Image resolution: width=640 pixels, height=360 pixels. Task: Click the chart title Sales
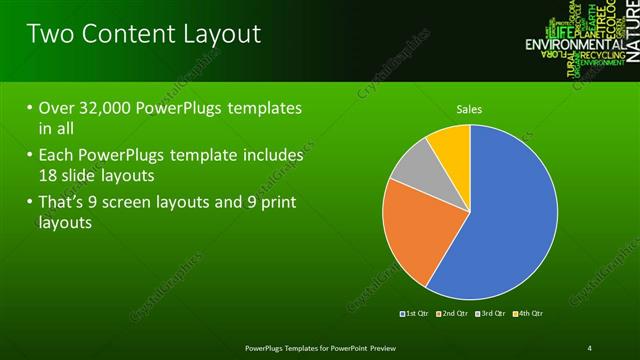click(x=470, y=109)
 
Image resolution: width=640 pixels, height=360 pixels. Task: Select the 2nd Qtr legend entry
click(x=452, y=314)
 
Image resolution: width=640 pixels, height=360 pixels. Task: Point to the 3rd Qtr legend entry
click(x=491, y=314)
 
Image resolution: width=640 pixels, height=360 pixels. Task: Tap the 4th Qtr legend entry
click(x=528, y=314)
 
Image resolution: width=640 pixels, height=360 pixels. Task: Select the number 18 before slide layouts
click(x=49, y=174)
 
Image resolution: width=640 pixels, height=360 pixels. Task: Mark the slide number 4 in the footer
click(x=590, y=347)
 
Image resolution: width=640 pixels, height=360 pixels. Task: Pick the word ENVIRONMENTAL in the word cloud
click(x=575, y=45)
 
